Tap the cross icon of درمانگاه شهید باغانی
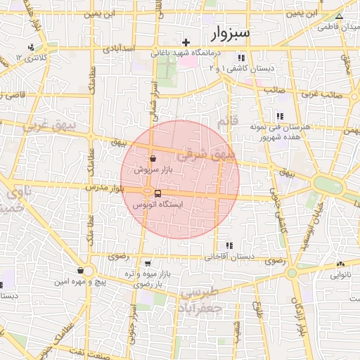pos(186,43)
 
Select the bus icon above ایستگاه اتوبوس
pos(157,193)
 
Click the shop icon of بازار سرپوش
pos(153,159)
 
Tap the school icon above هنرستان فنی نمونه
pos(280,116)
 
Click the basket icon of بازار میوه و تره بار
pos(147,264)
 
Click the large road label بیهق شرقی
pos(209,153)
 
